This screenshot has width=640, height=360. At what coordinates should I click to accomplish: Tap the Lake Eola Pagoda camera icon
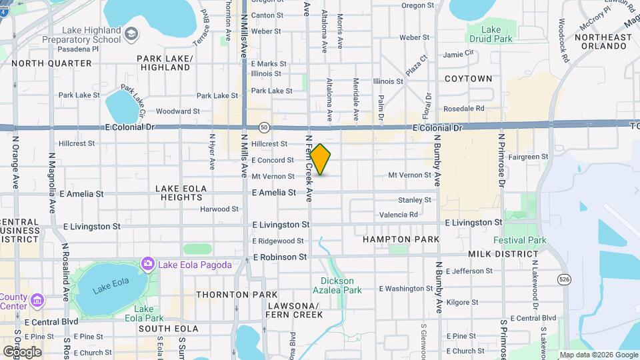tap(147, 265)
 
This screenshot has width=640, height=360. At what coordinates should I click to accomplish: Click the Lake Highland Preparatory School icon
tap(132, 33)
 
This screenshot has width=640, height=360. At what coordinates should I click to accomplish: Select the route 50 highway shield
tap(265, 127)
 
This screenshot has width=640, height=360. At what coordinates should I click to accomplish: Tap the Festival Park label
tap(519, 240)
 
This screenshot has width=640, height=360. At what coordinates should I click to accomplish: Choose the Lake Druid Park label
tap(491, 34)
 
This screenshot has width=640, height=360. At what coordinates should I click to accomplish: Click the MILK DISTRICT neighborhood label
tap(503, 254)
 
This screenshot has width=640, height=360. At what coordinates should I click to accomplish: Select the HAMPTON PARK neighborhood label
tap(401, 239)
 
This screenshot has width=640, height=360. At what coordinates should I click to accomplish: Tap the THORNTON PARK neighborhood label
tap(227, 294)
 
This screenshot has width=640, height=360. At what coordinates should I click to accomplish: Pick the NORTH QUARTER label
tap(51, 63)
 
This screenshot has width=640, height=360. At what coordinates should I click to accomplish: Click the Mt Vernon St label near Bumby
tap(410, 175)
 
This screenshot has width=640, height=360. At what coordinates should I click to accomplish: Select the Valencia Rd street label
tap(398, 215)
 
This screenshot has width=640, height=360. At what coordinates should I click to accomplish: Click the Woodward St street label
tap(177, 111)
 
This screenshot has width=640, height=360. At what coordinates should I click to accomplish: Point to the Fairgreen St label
tap(527, 157)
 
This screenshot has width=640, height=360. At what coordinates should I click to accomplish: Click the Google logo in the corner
tap(23, 351)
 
